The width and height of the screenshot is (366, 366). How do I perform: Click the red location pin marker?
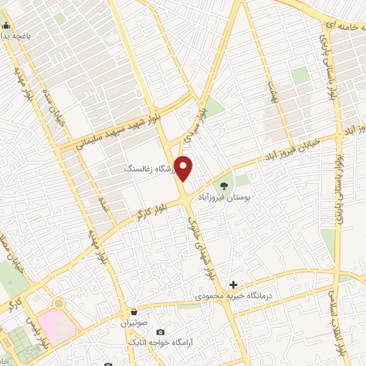click(184, 168)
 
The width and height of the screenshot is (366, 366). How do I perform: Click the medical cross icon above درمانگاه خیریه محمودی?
click(233, 285)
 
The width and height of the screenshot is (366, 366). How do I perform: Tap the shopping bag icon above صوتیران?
click(134, 312)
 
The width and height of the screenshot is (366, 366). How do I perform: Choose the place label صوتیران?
click(134, 322)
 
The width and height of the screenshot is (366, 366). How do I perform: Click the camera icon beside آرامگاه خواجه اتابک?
click(160, 332)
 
